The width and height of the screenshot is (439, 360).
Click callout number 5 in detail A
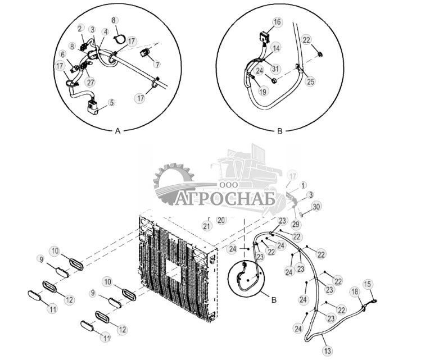[112, 103]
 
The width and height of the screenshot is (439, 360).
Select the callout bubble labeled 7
[157, 65]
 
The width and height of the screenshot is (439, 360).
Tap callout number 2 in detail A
[80, 28]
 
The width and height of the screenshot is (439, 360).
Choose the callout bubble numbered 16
[277, 22]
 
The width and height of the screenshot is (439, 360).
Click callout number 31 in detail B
[275, 69]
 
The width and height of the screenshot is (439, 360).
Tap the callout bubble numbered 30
[316, 207]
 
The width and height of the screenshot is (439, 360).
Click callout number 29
[296, 224]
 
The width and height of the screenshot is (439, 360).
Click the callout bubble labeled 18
[355, 292]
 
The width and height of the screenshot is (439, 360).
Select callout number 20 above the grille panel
[221, 220]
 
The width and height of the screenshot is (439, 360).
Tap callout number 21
[207, 226]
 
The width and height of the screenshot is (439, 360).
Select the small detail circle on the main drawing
[246, 277]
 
